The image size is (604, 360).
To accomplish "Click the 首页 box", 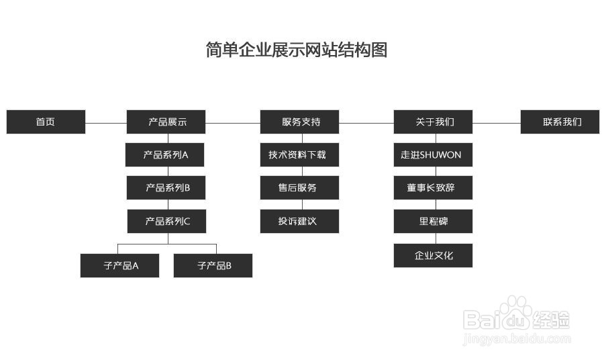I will click(46, 122).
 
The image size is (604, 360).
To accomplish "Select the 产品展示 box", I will click(166, 122).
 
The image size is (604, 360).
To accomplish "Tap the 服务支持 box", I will click(300, 122).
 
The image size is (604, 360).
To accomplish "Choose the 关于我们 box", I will click(433, 122).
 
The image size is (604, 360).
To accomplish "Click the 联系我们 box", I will click(560, 122).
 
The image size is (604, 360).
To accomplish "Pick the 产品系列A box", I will click(166, 154).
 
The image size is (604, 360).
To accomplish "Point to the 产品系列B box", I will click(166, 187).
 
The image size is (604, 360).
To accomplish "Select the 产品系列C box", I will click(166, 221).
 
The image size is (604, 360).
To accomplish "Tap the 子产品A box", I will click(120, 265).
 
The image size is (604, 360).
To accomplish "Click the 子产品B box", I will click(213, 265).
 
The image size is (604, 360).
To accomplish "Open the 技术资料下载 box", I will click(300, 154).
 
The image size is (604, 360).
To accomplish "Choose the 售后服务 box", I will click(300, 187).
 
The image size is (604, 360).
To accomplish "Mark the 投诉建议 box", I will click(300, 221).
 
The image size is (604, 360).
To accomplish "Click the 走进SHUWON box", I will click(433, 154).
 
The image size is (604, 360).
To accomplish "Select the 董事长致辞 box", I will click(433, 187).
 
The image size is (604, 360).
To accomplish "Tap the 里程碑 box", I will click(433, 221).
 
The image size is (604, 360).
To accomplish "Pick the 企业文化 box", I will click(433, 255).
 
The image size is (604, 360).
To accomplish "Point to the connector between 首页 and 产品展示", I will click(106, 123).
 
